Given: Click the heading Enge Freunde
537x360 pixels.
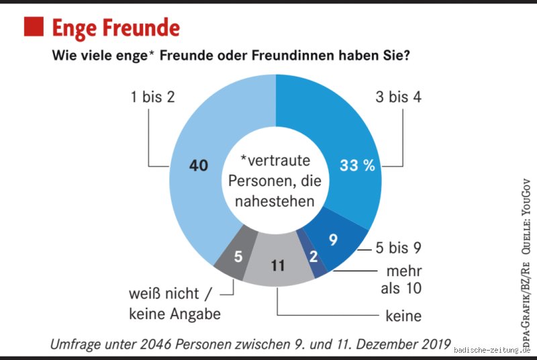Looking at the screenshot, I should click(x=115, y=28).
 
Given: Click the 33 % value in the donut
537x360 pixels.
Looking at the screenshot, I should click(x=357, y=166).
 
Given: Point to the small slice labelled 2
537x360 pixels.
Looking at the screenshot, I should click(x=313, y=257).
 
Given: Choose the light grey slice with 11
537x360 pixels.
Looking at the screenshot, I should click(x=277, y=265).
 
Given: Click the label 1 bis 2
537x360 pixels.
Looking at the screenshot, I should click(x=152, y=97).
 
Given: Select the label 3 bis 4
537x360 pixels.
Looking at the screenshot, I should click(x=398, y=97).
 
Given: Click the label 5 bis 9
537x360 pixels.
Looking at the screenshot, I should click(x=398, y=249).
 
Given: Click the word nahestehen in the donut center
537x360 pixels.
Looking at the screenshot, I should click(x=276, y=200).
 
